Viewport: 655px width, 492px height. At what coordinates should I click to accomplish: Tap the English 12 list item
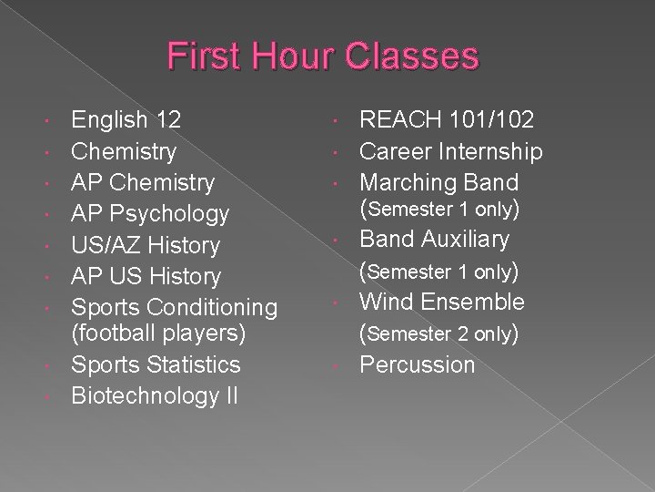point(126,118)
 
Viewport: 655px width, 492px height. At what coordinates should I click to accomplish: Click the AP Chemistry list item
point(143,181)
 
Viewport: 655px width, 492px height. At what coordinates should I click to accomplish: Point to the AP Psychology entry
point(150,213)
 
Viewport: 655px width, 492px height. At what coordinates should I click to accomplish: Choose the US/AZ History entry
point(146,244)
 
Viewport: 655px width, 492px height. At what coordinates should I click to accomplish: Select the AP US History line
point(146,275)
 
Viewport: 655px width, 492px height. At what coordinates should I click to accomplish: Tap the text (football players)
point(158,333)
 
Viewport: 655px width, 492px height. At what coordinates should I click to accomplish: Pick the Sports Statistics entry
point(156,365)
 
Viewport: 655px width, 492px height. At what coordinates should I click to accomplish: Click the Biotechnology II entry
point(155,396)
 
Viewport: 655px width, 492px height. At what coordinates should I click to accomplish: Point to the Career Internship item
point(452,150)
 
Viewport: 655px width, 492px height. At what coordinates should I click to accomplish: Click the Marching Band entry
point(439,181)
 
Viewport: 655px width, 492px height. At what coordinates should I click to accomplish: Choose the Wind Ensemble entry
point(442,302)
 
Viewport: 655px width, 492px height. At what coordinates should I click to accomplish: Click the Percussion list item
point(418,365)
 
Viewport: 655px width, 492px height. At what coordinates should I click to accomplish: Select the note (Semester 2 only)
point(439,333)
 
